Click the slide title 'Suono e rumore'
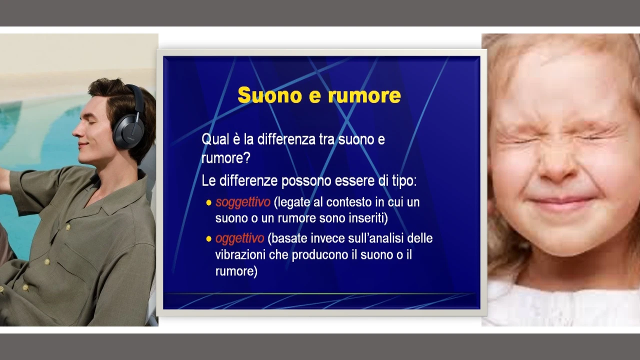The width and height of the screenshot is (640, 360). point(319,95)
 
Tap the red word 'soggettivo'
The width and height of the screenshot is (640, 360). point(243,202)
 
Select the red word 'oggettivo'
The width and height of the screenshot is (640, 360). point(239,238)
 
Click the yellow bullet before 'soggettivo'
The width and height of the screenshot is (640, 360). point(208,203)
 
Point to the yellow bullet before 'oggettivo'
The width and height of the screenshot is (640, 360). point(208,238)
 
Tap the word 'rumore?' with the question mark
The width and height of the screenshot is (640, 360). point(225,158)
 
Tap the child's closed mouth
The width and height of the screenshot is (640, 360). point(560,203)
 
